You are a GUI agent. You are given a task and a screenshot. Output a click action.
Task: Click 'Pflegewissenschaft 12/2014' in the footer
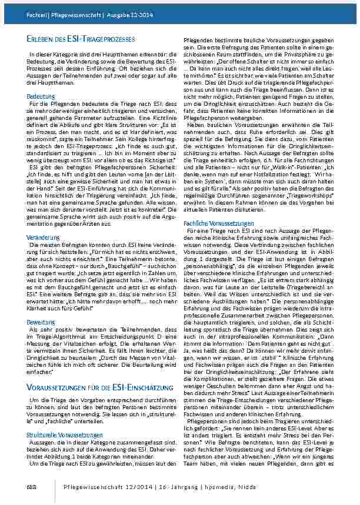point(124,487)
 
